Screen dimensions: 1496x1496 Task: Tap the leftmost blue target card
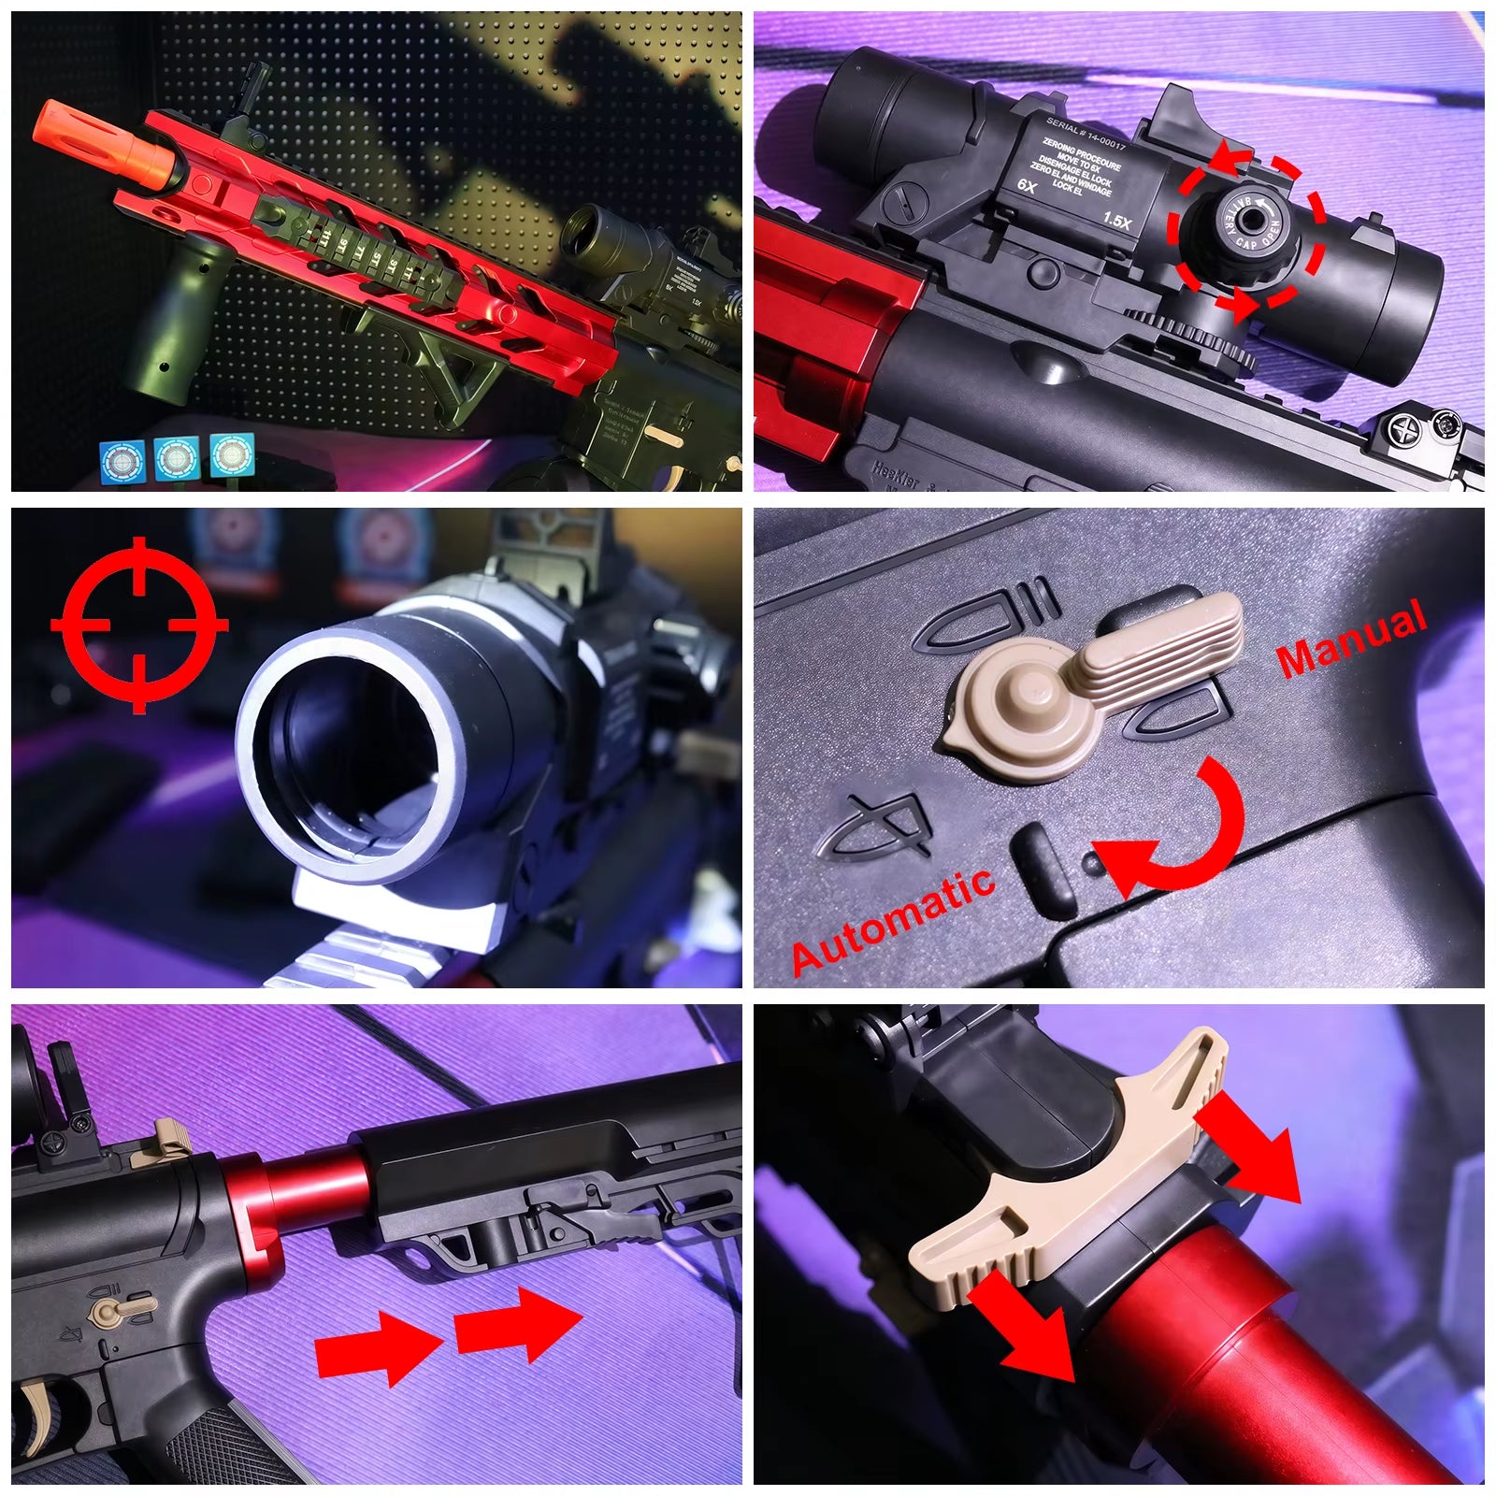122,459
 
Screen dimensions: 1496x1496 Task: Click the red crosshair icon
139,624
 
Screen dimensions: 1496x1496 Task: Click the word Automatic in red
892,920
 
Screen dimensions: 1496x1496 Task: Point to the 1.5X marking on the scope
1116,221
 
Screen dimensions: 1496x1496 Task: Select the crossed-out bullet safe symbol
874,827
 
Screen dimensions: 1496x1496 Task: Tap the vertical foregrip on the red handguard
178,318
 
